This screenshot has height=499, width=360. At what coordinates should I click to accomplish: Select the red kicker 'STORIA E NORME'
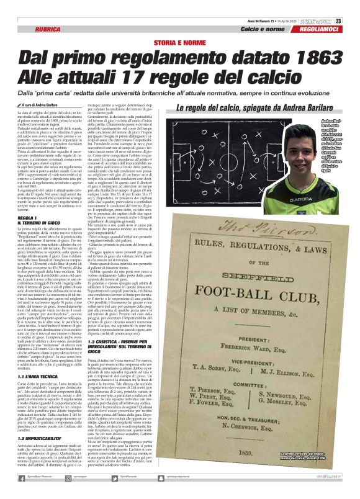coord(179,41)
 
